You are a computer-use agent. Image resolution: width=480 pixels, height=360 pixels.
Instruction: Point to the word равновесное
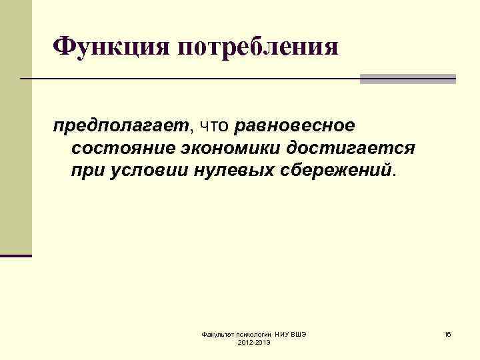pos(295,126)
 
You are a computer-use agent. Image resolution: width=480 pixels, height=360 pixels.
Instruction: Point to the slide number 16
pos(448,333)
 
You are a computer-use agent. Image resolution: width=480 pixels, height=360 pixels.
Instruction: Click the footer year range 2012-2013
pos(254,342)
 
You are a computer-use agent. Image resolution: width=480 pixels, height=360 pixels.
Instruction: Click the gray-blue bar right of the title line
pos(407,79)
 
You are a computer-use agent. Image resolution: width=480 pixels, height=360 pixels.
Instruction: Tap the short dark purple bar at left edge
pos(15,255)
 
